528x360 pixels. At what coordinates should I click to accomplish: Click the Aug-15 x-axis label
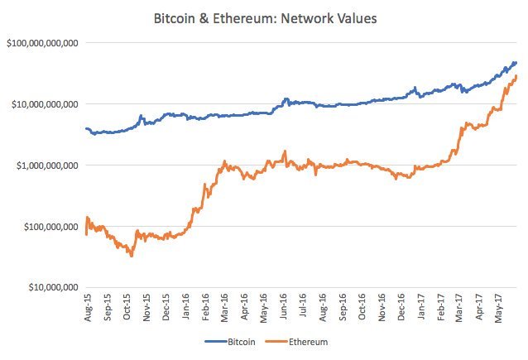[x=88, y=309]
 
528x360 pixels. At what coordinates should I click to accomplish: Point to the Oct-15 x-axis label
[x=127, y=309]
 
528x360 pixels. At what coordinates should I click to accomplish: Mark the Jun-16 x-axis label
[x=285, y=309]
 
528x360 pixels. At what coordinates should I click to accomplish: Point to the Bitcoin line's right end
[x=516, y=63]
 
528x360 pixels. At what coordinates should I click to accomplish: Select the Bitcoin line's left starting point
[x=86, y=128]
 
